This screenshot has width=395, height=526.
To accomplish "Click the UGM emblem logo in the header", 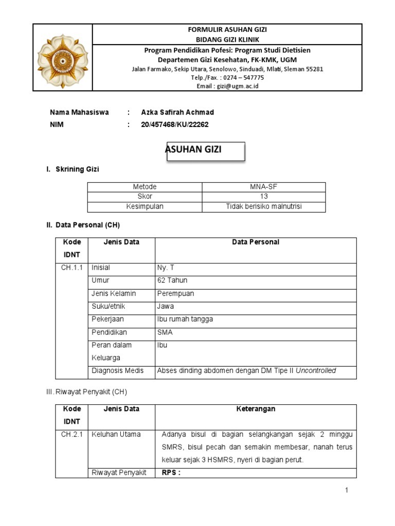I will point(62,58).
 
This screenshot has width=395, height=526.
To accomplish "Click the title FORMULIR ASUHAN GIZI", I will point(227,30).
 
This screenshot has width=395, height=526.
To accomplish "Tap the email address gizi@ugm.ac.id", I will point(227,86).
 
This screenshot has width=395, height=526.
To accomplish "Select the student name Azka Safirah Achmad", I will point(177,112).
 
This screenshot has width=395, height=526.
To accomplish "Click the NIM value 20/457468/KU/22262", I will point(175,125).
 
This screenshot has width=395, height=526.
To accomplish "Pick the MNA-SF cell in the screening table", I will point(263,187).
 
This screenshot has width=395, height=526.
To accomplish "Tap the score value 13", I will point(263,197).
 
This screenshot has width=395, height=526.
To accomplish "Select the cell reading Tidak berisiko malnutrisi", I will point(263,206).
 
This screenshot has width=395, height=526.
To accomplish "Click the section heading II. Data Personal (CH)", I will point(83,225).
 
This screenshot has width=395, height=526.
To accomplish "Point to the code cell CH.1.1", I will point(72,268).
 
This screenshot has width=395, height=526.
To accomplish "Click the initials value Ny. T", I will point(166,268).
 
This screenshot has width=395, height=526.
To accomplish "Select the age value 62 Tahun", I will point(172,280).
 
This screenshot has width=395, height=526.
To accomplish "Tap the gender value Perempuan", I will point(175,293).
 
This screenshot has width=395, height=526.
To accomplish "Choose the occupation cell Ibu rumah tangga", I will point(185,319).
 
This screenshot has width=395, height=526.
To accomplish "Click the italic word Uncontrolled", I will point(315,370).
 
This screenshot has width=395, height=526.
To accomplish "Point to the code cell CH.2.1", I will point(72,434).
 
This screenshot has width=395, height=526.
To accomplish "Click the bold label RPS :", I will point(171,473).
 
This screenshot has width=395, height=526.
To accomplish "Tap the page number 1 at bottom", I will point(347,491).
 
